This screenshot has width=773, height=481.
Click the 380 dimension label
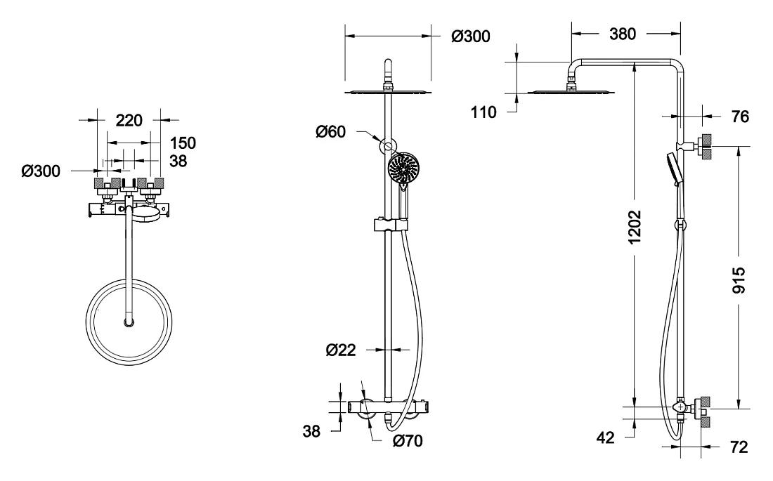click(622, 34)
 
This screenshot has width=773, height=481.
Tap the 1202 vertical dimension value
click(635, 227)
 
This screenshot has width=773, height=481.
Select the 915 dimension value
click(739, 280)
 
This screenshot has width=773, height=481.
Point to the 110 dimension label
click(483, 112)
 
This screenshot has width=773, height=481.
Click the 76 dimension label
click(740, 117)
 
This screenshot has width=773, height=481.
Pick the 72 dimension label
click(739, 447)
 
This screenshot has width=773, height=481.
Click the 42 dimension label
click(605, 437)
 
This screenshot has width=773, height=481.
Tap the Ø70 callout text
click(408, 440)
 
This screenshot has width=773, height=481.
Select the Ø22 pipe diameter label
click(341, 350)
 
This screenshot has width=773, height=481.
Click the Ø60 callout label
click(331, 131)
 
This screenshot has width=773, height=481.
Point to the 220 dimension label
click(129, 120)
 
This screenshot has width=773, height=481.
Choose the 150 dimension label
click(183, 143)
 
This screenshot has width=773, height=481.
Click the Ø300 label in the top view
click(41, 171)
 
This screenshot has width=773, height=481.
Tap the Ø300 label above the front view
click(471, 36)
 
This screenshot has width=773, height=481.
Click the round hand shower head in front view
click(403, 168)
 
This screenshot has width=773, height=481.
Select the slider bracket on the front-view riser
click(391, 225)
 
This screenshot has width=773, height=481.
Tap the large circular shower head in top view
click(129, 323)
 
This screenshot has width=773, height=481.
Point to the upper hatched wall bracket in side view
click(706, 146)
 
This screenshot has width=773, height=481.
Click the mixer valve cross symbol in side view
click(681, 407)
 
